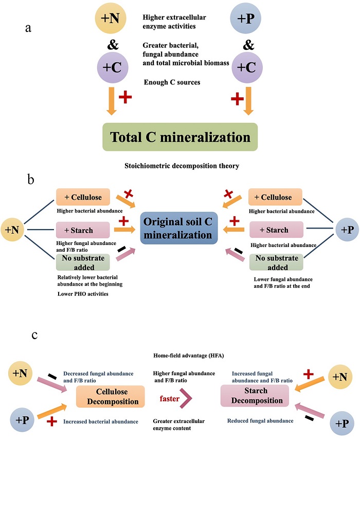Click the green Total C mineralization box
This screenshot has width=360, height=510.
[x=180, y=137]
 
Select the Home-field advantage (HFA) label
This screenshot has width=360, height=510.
[x=179, y=355]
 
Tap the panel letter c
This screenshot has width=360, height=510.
[x=34, y=336]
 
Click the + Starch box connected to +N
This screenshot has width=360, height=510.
[x=82, y=230]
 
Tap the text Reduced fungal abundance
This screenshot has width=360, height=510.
[x=260, y=421]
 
